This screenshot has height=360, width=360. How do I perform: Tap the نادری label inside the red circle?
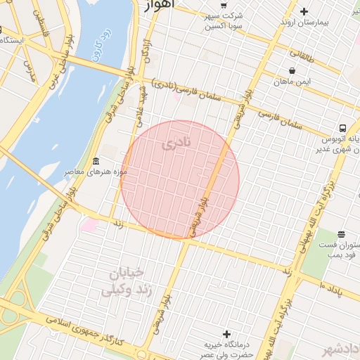tap(176, 146)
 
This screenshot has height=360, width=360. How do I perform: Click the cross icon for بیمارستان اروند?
tap(304, 11)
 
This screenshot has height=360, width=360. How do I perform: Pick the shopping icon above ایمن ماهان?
tap(292, 70)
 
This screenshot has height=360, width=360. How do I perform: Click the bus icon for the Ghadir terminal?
tap(342, 128)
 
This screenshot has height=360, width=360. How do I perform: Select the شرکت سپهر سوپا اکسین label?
tap(224, 20)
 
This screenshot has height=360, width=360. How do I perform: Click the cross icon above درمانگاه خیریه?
tap(226, 333)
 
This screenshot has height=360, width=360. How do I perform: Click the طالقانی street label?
tap(303, 54)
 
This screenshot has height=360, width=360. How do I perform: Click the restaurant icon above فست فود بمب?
tap(342, 234)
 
